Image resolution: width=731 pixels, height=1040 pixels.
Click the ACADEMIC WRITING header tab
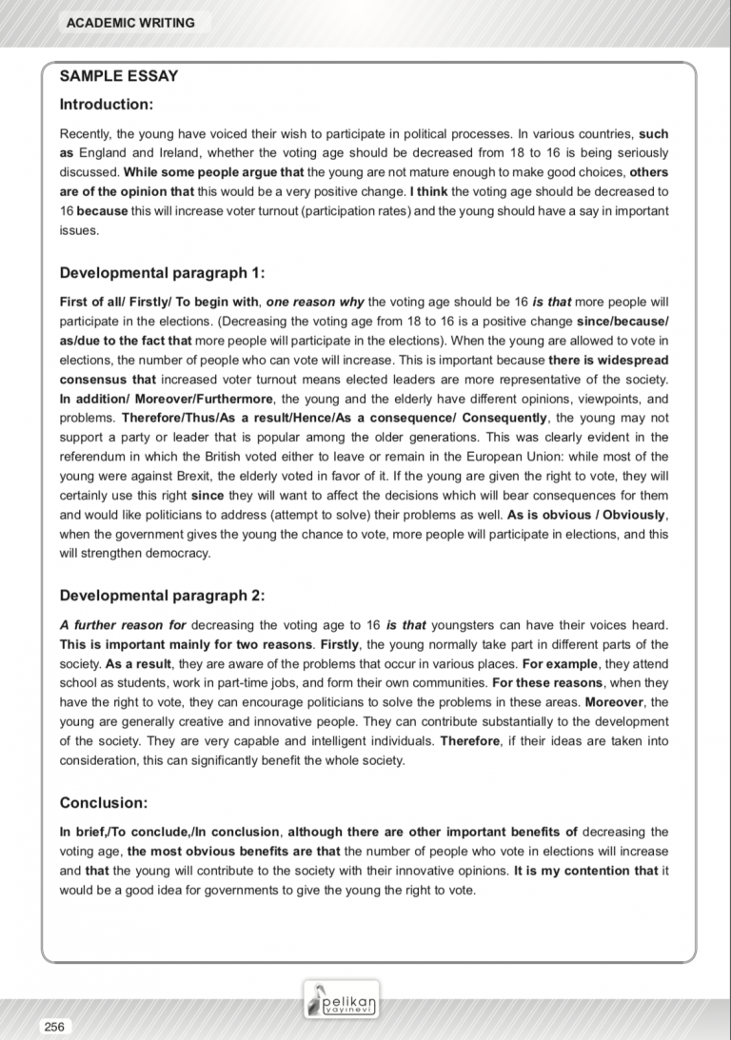click(x=130, y=23)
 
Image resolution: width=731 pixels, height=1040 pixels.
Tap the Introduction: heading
click(x=107, y=104)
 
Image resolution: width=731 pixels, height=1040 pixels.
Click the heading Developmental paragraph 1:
click(x=162, y=273)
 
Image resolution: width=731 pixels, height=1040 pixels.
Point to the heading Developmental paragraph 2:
click(x=162, y=596)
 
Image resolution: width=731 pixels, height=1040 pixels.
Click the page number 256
click(x=53, y=1026)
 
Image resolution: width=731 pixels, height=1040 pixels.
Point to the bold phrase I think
click(x=430, y=191)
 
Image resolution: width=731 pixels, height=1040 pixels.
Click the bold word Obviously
click(x=635, y=515)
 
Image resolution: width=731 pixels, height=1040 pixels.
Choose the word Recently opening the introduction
click(x=85, y=134)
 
